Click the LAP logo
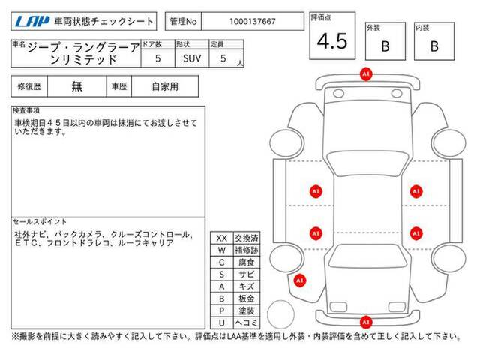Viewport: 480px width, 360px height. (32, 21)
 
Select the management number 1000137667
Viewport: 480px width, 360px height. (253, 22)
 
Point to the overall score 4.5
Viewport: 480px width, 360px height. (332, 41)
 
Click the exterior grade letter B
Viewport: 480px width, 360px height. (385, 46)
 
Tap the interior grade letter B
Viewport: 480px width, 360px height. (434, 46)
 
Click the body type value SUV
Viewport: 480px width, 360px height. (192, 58)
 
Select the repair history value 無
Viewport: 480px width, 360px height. (76, 86)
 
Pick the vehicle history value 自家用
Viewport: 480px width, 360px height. (165, 87)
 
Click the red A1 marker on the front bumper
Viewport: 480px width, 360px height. (366, 74)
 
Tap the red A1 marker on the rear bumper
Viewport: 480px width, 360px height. (366, 322)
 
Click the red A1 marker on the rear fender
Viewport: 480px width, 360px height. (300, 280)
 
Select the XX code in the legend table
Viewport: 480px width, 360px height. (222, 238)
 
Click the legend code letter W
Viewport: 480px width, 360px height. (222, 250)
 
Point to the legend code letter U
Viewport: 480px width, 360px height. (222, 322)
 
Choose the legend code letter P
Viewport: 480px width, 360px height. (222, 310)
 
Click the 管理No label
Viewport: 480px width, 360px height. (183, 22)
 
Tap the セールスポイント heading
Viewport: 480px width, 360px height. (40, 222)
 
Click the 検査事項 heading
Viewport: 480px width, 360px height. (26, 110)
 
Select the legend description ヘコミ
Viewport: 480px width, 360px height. (247, 322)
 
